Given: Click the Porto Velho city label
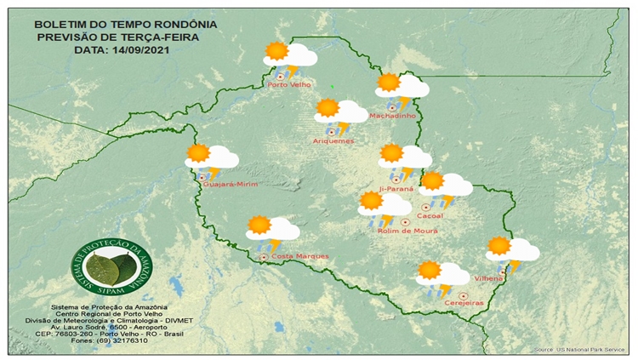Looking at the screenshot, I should (x=288, y=84).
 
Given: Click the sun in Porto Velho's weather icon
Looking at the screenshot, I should (x=276, y=51).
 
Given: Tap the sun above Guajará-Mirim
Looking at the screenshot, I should (x=198, y=153).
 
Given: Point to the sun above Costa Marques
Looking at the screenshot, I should (x=259, y=225).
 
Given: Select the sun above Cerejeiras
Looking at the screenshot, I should (x=430, y=271).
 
